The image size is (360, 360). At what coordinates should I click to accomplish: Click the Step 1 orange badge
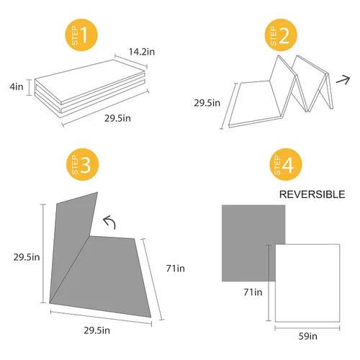click(x=81, y=35)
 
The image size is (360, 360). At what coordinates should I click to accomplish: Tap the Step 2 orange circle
click(x=281, y=35)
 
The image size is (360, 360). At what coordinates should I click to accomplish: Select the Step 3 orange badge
click(x=83, y=164)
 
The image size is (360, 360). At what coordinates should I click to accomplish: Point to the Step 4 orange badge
click(x=286, y=164)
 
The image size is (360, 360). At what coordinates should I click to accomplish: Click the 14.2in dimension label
click(x=142, y=52)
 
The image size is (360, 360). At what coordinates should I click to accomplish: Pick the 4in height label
click(x=17, y=87)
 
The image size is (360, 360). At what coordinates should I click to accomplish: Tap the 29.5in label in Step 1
click(x=117, y=118)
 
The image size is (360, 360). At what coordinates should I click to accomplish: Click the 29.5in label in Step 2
click(x=207, y=103)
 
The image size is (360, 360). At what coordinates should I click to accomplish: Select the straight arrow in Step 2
click(x=343, y=80)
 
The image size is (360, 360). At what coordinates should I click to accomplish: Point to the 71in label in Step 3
click(x=176, y=269)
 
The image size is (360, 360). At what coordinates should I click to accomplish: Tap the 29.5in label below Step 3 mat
click(x=96, y=330)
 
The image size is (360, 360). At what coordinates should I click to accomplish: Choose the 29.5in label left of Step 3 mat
click(x=27, y=257)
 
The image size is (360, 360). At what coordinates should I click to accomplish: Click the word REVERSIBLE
click(x=312, y=194)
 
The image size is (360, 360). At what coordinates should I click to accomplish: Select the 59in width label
click(x=308, y=336)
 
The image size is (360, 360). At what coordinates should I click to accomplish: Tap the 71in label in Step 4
click(x=253, y=292)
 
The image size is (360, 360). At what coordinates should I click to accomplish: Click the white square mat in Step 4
click(x=307, y=283)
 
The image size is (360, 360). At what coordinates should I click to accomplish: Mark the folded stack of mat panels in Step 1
click(x=90, y=89)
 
